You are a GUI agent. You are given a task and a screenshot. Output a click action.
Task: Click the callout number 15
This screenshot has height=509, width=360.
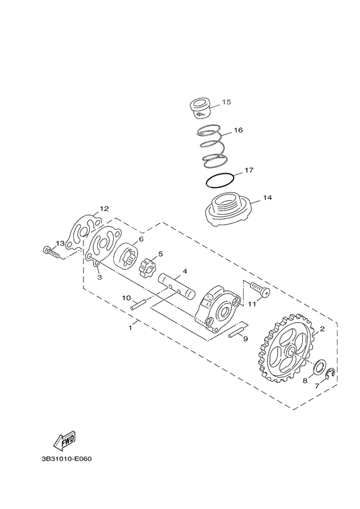pos(226,102)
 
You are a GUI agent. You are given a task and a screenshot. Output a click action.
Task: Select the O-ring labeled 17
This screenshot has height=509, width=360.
pos(217,180)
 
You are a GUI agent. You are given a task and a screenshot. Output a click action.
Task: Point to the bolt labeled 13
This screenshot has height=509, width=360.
pos(51,252)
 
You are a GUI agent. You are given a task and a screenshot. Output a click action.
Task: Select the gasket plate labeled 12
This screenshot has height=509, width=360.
pos(84,228)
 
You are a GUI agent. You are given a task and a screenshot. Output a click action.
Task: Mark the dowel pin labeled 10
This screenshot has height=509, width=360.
pos(139,306)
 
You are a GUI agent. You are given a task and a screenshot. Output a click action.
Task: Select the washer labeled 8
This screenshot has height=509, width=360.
pos(316,367)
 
